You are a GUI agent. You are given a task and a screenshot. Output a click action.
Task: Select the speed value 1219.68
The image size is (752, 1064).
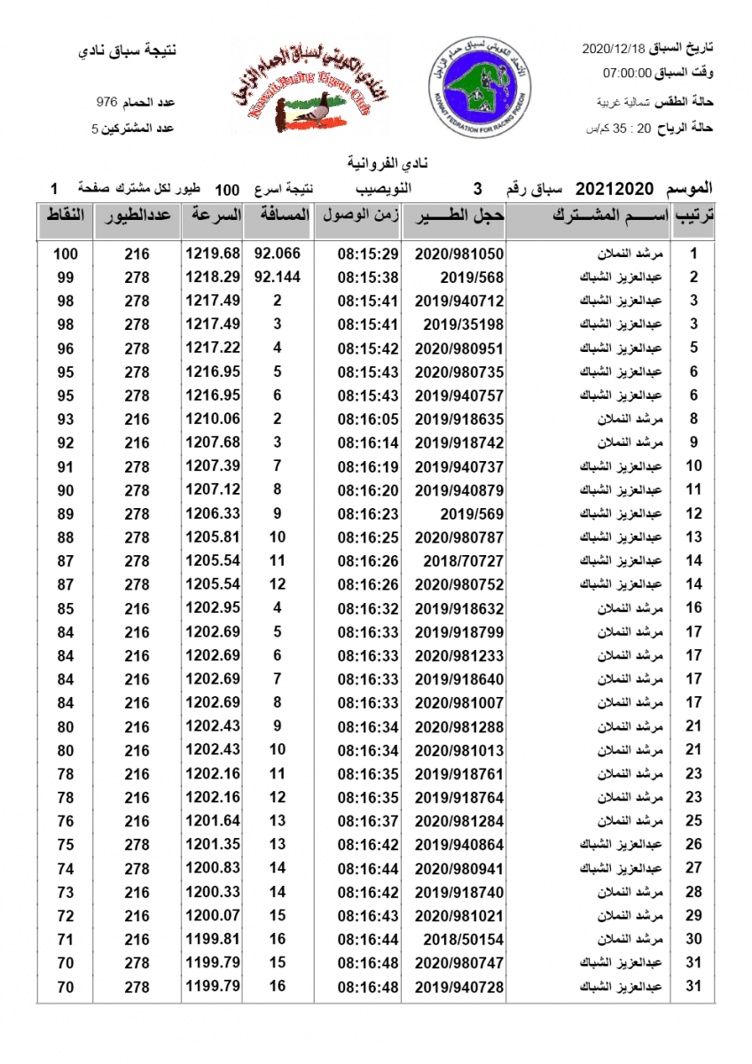coord(213,254)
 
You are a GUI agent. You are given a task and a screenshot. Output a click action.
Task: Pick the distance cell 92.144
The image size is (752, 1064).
coord(278,277)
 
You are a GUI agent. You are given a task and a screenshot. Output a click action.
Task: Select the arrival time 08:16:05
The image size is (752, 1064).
coord(368,419)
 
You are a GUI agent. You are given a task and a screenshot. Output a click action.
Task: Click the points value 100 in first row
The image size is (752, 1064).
coord(66,254)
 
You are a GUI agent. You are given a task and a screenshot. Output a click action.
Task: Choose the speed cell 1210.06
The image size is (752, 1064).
coord(213,419)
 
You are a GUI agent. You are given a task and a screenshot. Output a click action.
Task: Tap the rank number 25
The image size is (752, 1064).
coord(694,820)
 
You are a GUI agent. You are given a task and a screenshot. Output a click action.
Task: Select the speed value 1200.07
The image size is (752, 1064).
coord(213,915)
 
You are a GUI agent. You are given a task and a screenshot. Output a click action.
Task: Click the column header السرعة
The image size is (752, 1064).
coord(213,215)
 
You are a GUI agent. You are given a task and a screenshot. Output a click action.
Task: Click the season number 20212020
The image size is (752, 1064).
coord(615,189)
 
